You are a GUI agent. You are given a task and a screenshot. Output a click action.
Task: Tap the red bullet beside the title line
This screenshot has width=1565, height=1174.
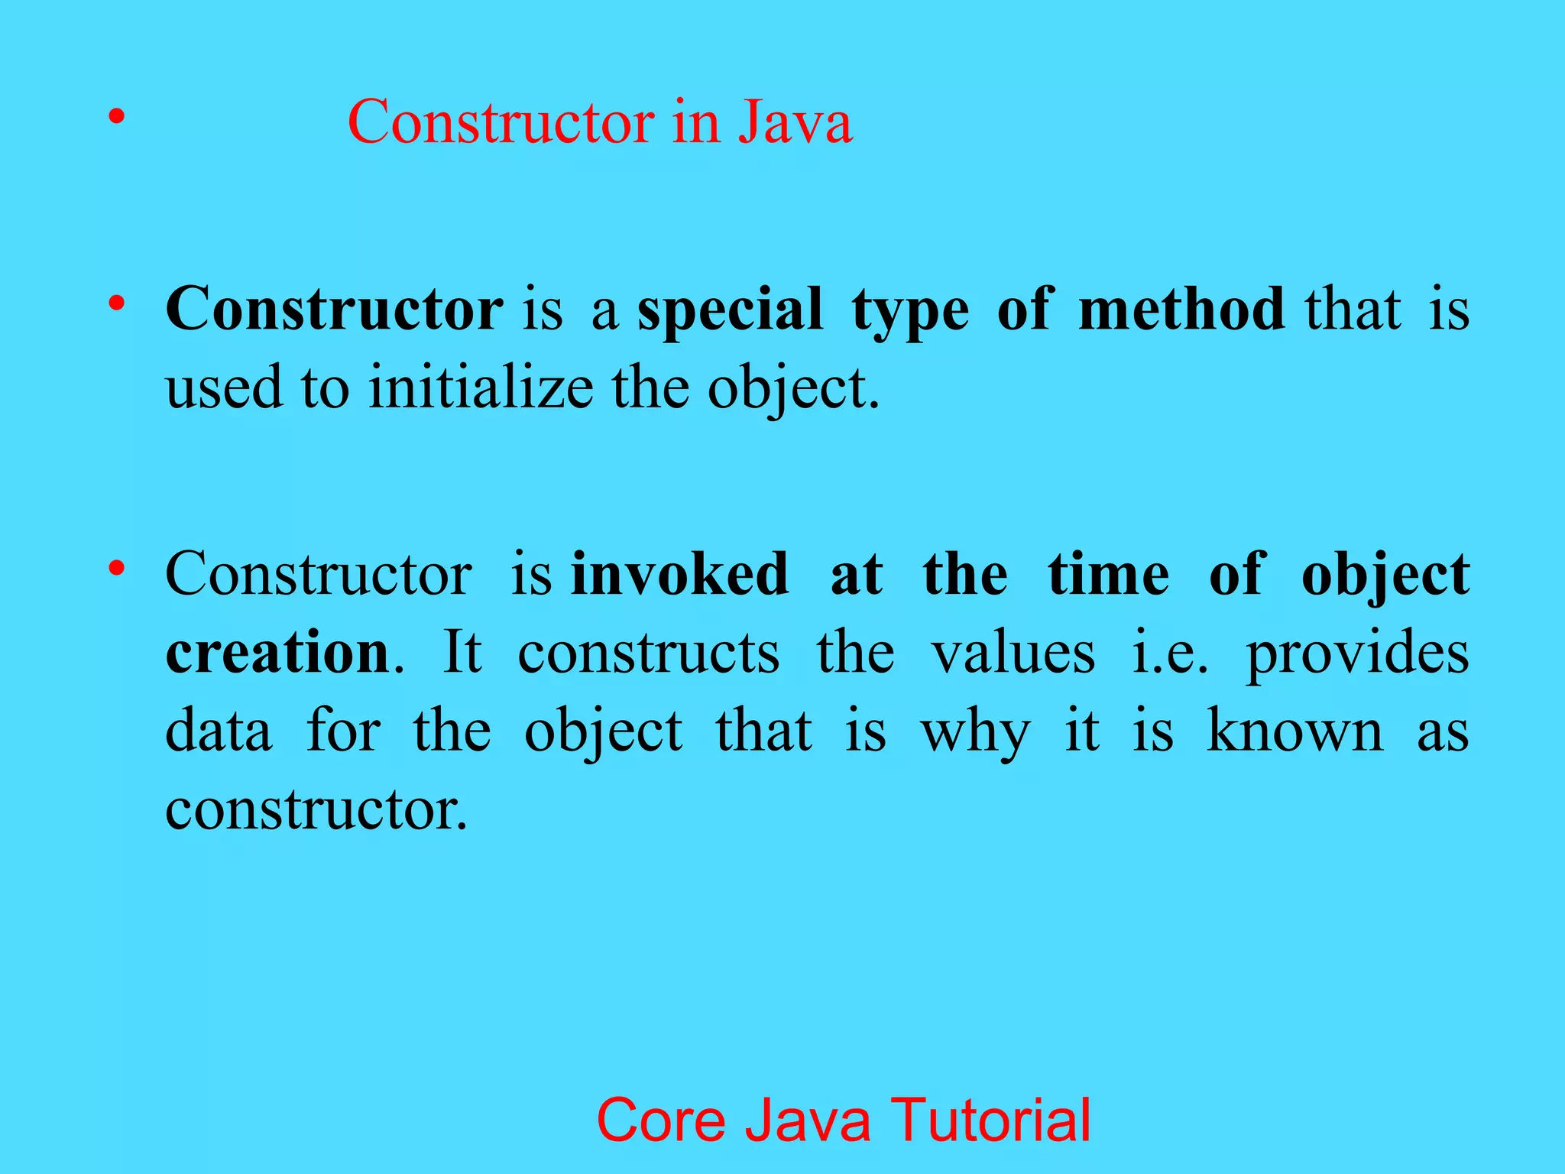coord(115,117)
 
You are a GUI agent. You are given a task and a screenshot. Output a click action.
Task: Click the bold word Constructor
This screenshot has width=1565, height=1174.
coord(334,309)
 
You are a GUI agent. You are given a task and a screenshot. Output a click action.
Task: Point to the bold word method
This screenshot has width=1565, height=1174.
coord(1181,309)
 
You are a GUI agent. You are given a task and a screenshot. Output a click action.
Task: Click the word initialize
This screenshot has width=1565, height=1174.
coord(481,388)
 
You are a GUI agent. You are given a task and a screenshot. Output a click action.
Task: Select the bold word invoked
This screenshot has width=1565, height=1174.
coord(679,574)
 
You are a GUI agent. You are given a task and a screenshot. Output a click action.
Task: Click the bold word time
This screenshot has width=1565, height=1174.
coord(1108,574)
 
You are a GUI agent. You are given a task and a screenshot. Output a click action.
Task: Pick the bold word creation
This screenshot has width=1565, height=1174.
coord(277,653)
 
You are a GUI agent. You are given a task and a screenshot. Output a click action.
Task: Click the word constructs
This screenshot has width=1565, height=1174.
coord(649,653)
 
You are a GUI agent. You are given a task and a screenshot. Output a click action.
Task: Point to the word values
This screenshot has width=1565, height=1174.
coord(1013,653)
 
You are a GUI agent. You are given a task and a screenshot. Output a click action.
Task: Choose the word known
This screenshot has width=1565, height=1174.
coord(1294,731)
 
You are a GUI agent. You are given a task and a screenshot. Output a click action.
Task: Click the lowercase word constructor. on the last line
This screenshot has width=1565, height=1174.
coord(316,809)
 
